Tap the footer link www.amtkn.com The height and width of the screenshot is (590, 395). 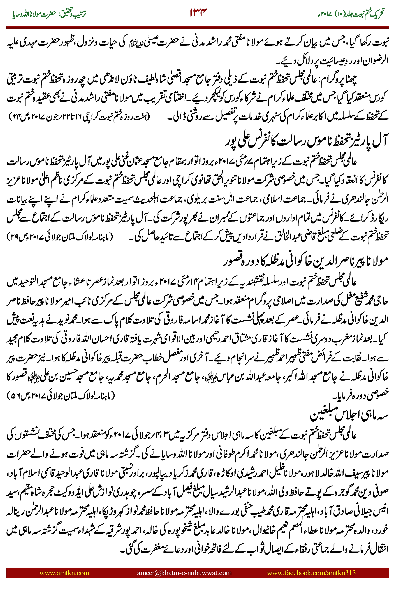point(64,573)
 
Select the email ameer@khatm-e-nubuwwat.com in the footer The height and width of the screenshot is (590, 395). point(184,573)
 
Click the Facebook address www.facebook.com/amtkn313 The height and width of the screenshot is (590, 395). point(311,573)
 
